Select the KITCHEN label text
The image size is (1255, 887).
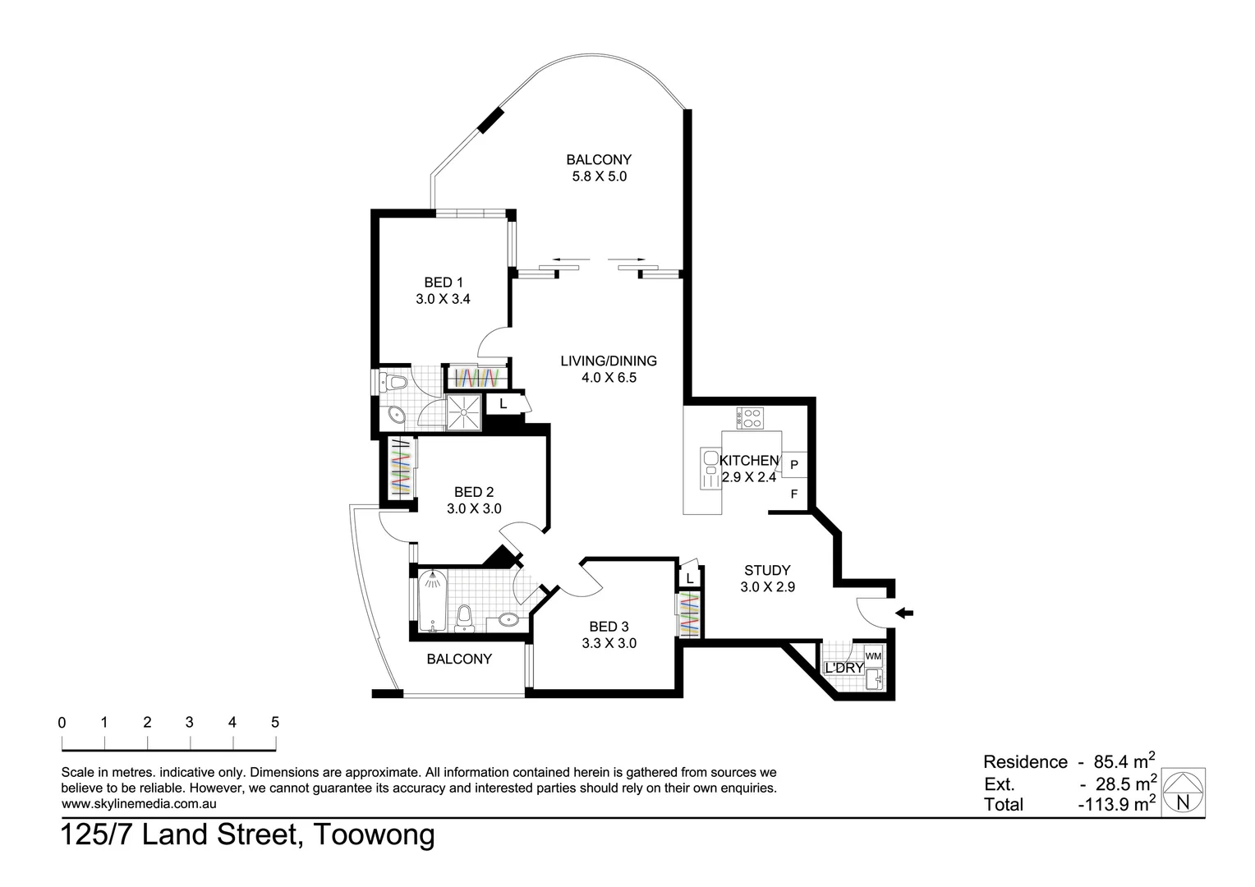749,461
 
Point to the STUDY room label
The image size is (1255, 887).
767,570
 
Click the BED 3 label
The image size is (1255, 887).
609,627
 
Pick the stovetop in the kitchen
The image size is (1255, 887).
751,418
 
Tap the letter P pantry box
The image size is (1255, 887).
794,465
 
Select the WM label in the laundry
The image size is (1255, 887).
873,656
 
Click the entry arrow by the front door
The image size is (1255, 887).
904,613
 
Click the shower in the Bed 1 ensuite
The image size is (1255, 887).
465,411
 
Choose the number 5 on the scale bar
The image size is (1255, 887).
275,723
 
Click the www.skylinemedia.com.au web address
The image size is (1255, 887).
139,804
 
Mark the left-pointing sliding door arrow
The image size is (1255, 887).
564,260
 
